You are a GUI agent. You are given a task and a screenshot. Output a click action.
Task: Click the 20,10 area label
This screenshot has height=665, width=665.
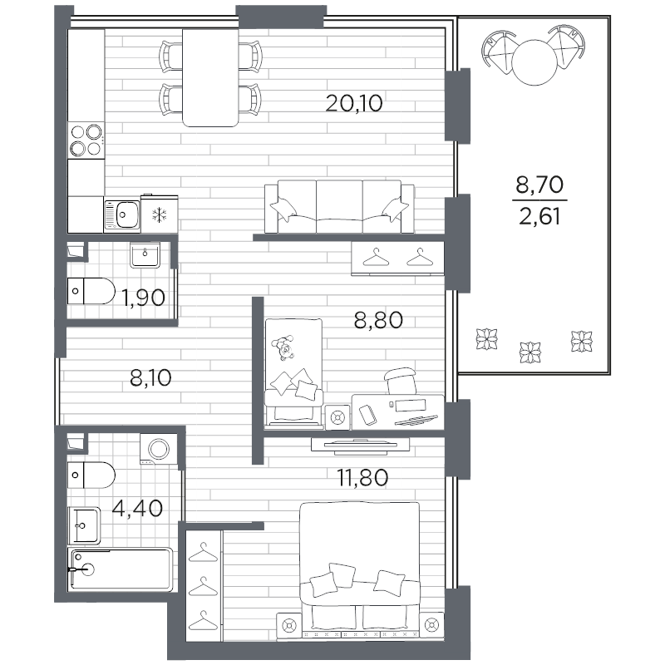tap(354, 103)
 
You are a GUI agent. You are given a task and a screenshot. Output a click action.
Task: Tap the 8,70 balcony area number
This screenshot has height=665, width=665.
tap(539, 185)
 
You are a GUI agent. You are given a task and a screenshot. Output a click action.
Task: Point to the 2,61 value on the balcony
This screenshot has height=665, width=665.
tap(539, 217)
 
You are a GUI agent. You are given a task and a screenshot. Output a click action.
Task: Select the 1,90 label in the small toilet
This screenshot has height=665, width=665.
tap(143, 298)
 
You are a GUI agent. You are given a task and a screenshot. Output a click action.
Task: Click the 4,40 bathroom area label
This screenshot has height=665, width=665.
tap(137, 508)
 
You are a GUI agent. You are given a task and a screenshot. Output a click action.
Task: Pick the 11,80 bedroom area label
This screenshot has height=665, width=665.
tap(362, 477)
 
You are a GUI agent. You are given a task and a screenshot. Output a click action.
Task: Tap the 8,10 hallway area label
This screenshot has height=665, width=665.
tap(150, 377)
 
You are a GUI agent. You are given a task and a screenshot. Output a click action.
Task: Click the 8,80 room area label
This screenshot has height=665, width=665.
tap(378, 320)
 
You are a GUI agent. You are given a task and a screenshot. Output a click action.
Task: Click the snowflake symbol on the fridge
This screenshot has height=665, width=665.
tap(160, 215)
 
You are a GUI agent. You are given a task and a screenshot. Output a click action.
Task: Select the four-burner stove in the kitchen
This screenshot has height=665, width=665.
tap(86, 140)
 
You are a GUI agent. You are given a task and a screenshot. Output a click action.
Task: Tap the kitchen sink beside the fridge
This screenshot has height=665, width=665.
tap(122, 214)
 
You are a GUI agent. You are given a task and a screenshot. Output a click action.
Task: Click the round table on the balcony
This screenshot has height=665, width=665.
tap(534, 62)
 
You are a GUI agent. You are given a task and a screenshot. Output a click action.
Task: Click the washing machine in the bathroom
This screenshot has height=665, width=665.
tap(159, 449)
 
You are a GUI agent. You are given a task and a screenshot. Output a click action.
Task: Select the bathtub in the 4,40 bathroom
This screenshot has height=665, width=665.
tap(121, 569)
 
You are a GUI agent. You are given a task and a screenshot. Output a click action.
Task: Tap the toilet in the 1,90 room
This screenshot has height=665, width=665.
tap(91, 291)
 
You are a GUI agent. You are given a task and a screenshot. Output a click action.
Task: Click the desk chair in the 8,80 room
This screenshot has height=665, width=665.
tap(400, 381)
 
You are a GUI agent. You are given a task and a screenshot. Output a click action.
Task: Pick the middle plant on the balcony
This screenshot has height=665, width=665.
tap(530, 352)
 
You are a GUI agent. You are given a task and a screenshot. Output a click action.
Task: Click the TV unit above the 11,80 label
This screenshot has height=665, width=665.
tap(360, 446)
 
